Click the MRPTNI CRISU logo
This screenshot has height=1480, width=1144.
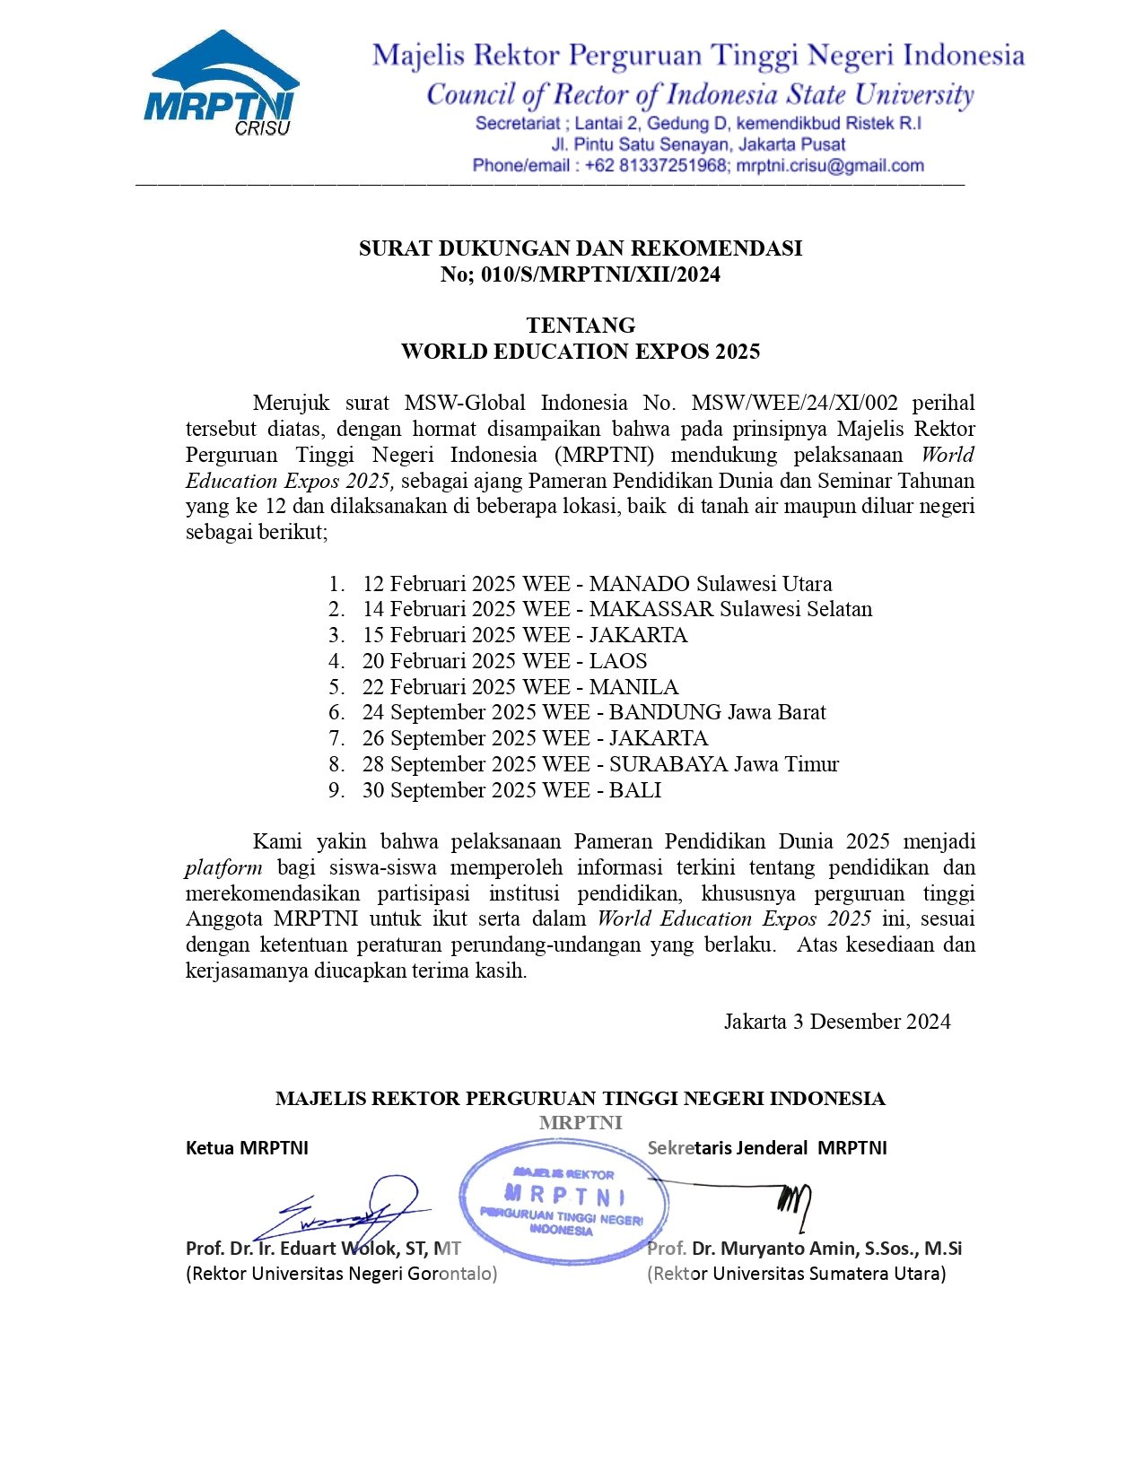[221, 84]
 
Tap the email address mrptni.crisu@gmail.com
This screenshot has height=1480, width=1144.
[830, 166]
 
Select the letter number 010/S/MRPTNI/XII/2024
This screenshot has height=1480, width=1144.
[600, 274]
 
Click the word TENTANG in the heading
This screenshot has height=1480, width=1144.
[581, 326]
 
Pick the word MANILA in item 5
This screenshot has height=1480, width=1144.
[633, 687]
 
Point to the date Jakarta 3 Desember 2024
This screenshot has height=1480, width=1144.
[837, 1022]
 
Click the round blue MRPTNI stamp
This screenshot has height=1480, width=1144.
[563, 1201]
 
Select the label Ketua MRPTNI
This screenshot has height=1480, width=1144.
[247, 1148]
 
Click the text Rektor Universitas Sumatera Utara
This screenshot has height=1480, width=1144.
[796, 1274]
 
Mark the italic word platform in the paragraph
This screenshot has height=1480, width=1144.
[223, 868]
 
